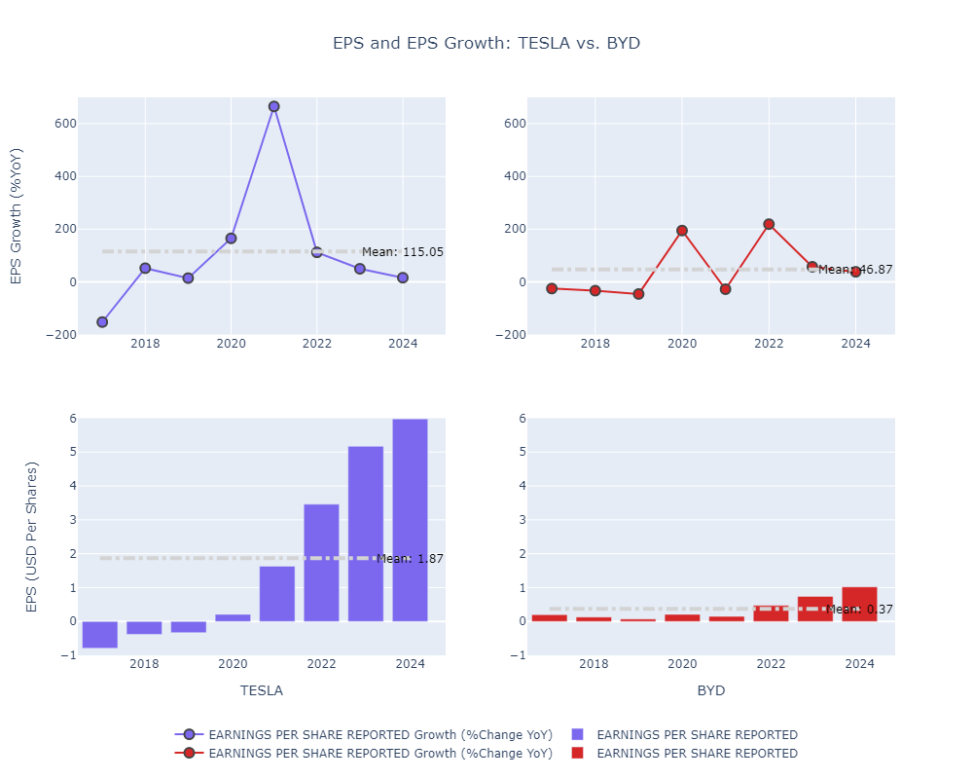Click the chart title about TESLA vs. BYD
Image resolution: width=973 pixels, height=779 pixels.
point(486,44)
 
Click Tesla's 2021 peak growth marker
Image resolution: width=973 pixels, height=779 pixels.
point(273,106)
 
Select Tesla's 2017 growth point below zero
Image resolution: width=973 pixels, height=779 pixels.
point(102,321)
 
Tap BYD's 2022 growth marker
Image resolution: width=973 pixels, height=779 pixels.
point(769,224)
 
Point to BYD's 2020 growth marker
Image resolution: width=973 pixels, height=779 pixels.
point(682,231)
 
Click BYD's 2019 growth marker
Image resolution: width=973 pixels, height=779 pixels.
point(638,293)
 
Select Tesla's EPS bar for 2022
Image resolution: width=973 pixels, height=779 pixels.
point(321,562)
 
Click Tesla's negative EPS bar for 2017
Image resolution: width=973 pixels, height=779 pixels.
point(100,634)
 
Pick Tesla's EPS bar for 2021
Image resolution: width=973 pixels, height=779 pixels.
point(277,593)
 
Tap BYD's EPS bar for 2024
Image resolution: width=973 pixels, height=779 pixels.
point(859,604)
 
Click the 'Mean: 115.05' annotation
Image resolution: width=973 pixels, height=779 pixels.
point(402,252)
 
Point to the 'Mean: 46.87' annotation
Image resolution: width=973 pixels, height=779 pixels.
point(854,270)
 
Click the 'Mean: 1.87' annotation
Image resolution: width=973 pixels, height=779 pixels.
point(410,559)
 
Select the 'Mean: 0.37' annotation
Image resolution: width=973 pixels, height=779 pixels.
point(859,610)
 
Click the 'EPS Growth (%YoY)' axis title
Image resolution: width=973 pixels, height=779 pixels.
point(16,216)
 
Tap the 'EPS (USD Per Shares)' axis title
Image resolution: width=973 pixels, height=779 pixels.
point(31,537)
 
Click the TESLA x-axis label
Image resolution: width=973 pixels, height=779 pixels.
point(262,690)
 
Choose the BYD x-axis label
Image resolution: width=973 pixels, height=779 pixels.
point(711,690)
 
